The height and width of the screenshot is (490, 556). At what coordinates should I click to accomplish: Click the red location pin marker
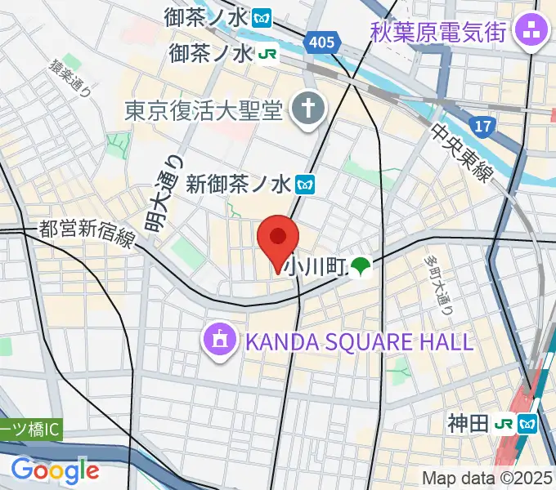point(278,239)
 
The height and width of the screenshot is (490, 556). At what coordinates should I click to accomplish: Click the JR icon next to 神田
point(504,424)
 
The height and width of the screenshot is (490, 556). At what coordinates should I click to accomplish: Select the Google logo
point(55,470)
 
